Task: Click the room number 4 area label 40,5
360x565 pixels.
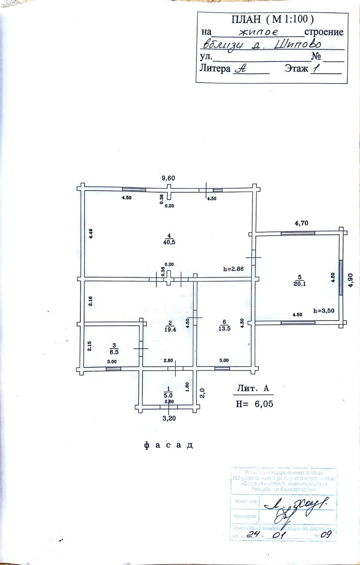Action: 169,242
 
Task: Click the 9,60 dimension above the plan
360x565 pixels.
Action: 168,178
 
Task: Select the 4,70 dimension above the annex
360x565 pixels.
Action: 301,223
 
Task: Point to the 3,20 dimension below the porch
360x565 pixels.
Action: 169,419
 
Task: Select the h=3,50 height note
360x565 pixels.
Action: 324,311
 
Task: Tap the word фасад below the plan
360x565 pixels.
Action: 169,445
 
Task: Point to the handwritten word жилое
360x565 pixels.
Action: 259,32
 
